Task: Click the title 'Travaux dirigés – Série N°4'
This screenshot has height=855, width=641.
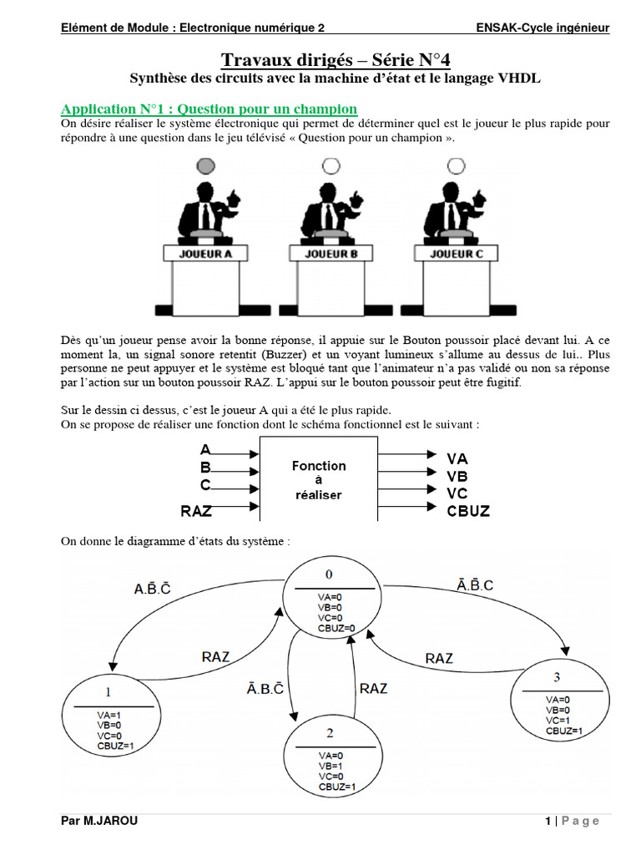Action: pyautogui.click(x=335, y=59)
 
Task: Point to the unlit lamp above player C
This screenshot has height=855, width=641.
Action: pyautogui.click(x=456, y=166)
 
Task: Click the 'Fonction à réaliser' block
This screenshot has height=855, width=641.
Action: pyautogui.click(x=318, y=480)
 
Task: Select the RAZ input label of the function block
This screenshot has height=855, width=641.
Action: pyautogui.click(x=196, y=510)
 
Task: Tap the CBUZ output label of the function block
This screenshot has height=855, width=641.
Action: pyautogui.click(x=467, y=510)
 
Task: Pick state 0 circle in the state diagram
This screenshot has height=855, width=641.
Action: pyautogui.click(x=331, y=599)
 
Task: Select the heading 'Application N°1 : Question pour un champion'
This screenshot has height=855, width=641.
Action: pyautogui.click(x=209, y=109)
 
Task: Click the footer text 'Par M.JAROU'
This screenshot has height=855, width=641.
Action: pyautogui.click(x=99, y=821)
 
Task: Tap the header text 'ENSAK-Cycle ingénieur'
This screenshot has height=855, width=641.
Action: pyautogui.click(x=543, y=28)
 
